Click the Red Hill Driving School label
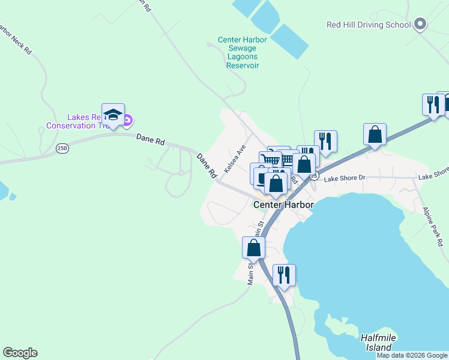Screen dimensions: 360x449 [369, 25]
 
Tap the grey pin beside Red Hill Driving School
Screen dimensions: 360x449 [420, 25]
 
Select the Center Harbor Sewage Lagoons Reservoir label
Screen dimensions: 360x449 [241, 52]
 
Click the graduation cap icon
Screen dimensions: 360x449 [113, 114]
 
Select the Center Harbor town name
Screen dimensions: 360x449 [283, 205]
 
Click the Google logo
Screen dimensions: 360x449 [20, 353]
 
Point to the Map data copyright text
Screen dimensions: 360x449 [412, 355]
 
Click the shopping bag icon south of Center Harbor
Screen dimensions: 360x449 [253, 247]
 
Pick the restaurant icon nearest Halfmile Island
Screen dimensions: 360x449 [284, 275]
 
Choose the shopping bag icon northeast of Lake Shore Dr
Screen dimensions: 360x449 [375, 135]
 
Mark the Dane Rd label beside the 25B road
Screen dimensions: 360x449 [150, 139]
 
